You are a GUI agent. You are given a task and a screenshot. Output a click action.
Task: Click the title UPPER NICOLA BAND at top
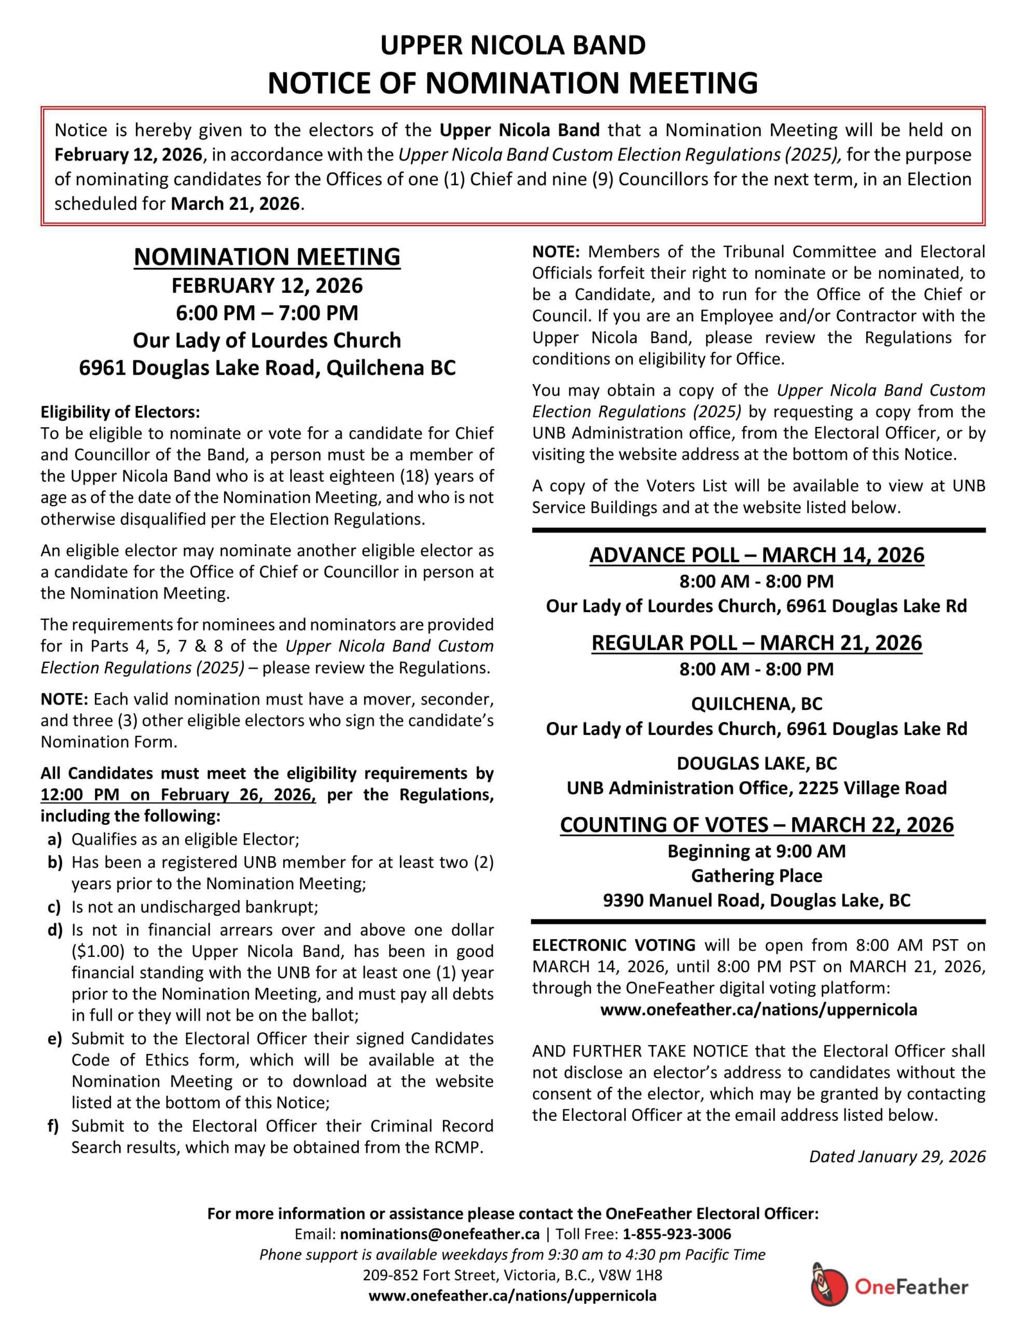coord(512,46)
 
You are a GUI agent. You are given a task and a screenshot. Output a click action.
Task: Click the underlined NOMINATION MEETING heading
coord(267,257)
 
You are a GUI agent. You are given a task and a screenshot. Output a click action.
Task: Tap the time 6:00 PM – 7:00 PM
coord(267,313)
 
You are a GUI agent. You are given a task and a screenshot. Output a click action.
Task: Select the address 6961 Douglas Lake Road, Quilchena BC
coord(267,368)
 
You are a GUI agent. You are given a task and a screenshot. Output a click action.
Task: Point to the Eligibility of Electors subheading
coord(120,412)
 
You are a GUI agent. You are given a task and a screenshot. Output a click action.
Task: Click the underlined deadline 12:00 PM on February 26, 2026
coord(178,795)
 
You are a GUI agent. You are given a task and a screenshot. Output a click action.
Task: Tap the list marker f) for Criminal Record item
coord(53,1125)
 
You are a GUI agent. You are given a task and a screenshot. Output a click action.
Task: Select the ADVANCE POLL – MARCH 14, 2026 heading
coord(757,555)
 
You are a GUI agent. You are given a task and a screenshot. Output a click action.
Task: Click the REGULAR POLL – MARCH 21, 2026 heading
coord(757,643)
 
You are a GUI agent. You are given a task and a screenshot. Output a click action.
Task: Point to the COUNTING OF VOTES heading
coord(757,824)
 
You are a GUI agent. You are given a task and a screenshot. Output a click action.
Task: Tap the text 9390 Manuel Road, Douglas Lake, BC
coord(757,900)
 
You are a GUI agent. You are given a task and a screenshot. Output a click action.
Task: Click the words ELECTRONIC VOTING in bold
coord(614,945)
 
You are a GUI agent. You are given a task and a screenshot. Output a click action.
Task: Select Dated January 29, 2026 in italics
coord(897,1156)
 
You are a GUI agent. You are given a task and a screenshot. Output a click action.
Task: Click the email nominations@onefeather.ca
coord(440,1234)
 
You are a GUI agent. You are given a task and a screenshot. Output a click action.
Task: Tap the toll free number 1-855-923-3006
coord(676,1234)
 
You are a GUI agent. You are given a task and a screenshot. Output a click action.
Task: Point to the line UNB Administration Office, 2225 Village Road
coord(757,788)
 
